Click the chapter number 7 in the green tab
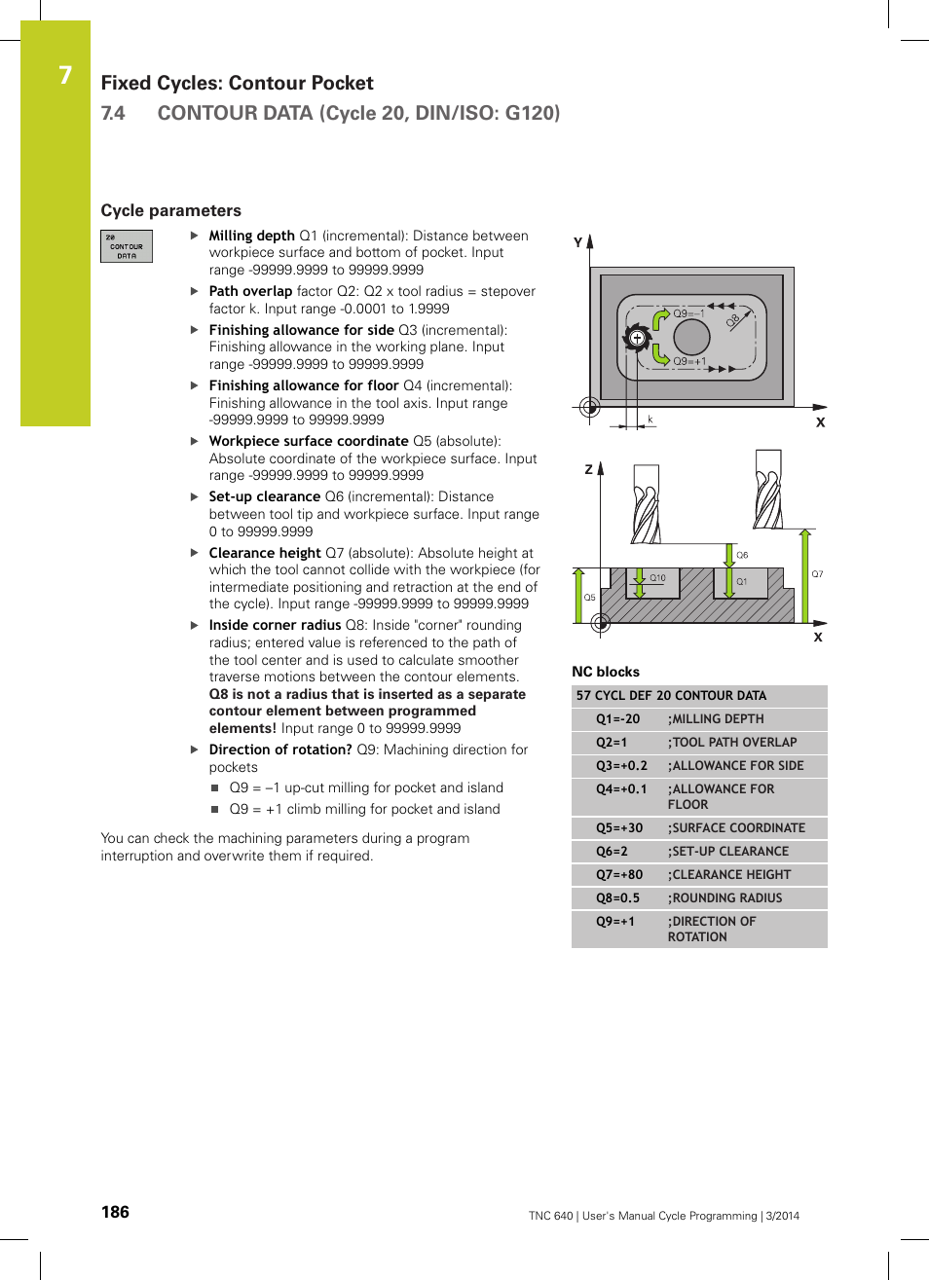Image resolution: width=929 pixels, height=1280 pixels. click(x=65, y=75)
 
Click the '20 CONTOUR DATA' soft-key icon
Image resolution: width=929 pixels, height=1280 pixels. click(x=127, y=246)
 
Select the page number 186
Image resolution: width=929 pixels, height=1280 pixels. click(x=115, y=1212)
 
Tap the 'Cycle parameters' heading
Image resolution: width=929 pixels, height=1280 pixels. click(x=170, y=210)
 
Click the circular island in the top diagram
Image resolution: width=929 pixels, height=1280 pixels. click(x=691, y=337)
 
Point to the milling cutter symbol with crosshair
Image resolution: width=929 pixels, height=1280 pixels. click(x=637, y=339)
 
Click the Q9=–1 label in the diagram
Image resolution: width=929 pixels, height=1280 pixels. click(x=688, y=313)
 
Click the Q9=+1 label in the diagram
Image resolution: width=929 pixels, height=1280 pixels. click(x=689, y=361)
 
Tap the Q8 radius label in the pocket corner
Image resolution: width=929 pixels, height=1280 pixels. click(x=733, y=319)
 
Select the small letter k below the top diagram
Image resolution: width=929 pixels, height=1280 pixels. click(x=650, y=420)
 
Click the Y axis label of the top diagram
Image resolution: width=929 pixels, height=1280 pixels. click(x=577, y=242)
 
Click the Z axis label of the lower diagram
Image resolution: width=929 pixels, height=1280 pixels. click(x=588, y=469)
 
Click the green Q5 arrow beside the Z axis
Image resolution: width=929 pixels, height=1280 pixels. click(x=578, y=595)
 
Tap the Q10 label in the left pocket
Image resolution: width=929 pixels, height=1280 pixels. click(x=657, y=578)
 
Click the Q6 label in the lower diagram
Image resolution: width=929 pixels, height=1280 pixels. click(x=742, y=555)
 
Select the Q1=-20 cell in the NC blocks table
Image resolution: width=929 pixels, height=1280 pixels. click(x=618, y=719)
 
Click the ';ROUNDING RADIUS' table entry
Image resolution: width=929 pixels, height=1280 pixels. click(x=726, y=898)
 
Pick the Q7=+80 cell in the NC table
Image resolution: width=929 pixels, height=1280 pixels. click(x=619, y=875)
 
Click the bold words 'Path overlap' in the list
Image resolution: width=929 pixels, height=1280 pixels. click(x=250, y=291)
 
